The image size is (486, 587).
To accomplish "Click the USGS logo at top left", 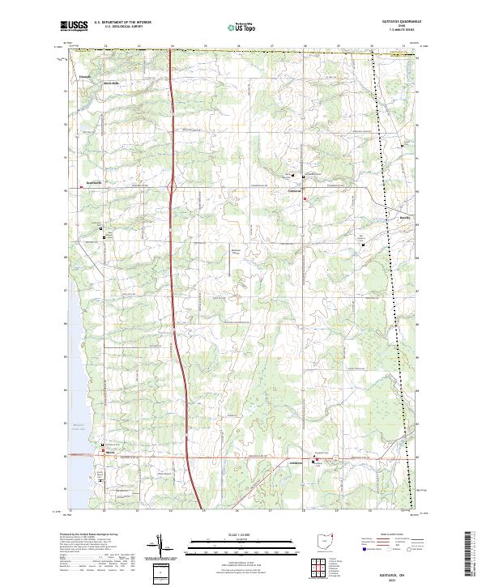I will pyautogui.click(x=75, y=26).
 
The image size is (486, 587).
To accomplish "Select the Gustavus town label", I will pyautogui.click(x=295, y=190).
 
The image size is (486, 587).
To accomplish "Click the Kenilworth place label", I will pyautogui.click(x=96, y=183).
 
